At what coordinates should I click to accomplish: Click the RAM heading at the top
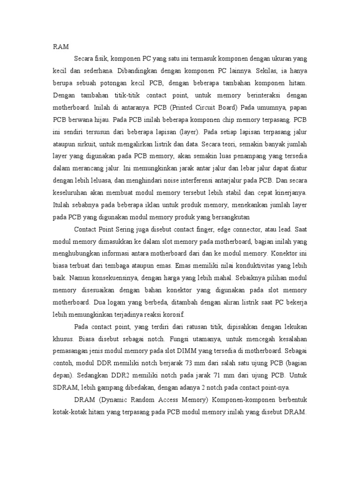point(60,46)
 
